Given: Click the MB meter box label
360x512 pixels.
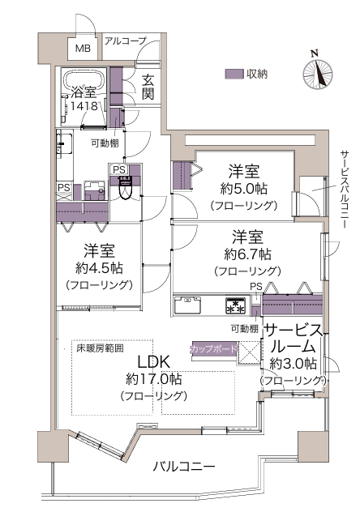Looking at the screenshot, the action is click(x=83, y=49).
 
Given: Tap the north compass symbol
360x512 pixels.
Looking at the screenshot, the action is click(x=318, y=71).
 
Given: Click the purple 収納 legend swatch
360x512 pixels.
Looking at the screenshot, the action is click(x=234, y=74).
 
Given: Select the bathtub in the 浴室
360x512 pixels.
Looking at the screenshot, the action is click(x=85, y=79).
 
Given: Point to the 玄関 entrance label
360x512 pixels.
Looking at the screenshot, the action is click(x=148, y=87).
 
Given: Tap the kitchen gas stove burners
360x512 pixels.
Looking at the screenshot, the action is click(x=235, y=305).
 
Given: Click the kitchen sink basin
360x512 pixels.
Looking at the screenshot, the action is click(x=187, y=305).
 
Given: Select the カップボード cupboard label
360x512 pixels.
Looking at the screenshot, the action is click(x=213, y=348).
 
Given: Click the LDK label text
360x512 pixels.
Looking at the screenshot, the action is click(x=153, y=362).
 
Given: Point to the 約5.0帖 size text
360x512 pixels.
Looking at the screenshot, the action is click(x=244, y=189).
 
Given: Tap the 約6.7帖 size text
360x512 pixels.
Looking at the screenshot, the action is click(x=247, y=254).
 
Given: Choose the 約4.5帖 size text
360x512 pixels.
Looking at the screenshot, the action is click(x=99, y=268).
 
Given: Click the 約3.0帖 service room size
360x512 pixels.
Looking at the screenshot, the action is click(x=293, y=364).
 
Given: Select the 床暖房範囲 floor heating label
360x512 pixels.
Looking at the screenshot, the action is click(x=100, y=348).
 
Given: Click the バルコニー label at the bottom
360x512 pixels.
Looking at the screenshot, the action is click(x=184, y=467).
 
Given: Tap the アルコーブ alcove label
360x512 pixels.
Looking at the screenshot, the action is click(x=125, y=41).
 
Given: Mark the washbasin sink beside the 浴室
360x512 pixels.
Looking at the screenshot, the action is click(x=64, y=143).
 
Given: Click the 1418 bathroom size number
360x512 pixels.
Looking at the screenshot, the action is click(x=84, y=106).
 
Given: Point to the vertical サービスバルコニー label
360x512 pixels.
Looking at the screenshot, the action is click(x=344, y=190).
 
